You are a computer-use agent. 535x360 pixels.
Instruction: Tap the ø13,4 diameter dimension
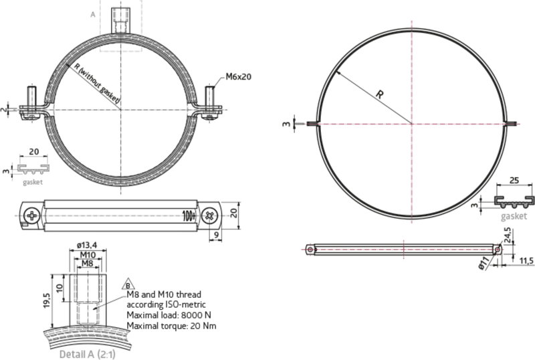(87, 245)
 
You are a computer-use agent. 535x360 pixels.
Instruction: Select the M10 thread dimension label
(87, 255)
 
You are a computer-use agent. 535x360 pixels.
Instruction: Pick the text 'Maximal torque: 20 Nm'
(172, 326)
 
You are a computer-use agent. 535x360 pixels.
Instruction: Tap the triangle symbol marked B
(129, 284)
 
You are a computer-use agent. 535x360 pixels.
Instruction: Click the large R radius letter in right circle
(379, 96)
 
